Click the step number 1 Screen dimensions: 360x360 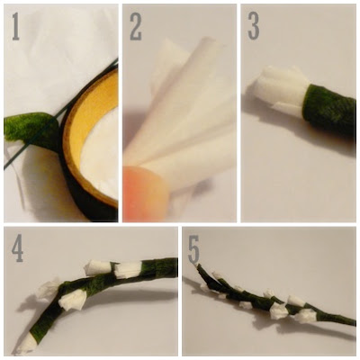tap(16, 26)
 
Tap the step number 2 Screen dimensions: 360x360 tap(136, 26)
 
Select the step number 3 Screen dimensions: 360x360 tap(254, 26)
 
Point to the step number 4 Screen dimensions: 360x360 tap(17, 247)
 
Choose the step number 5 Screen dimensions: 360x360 tap(193, 247)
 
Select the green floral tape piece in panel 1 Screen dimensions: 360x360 tap(30, 128)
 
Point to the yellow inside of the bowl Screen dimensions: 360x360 tap(87, 114)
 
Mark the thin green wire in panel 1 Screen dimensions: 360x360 tap(60, 114)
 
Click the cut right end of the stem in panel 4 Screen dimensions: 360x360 tap(175, 267)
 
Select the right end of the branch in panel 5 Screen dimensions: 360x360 tap(354, 322)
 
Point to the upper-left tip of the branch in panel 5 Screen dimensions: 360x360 tap(198, 265)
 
